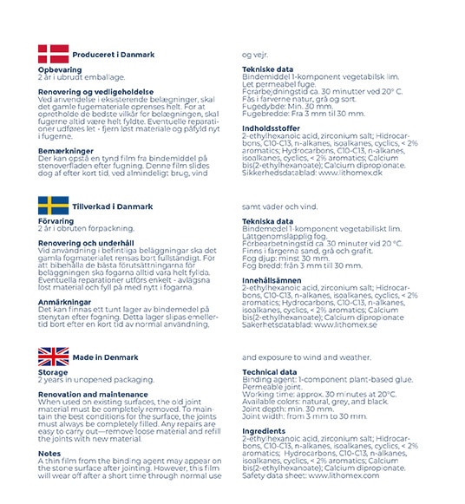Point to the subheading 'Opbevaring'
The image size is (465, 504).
60,69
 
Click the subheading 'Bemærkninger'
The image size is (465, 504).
66,149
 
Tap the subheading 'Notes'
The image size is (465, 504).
49,451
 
